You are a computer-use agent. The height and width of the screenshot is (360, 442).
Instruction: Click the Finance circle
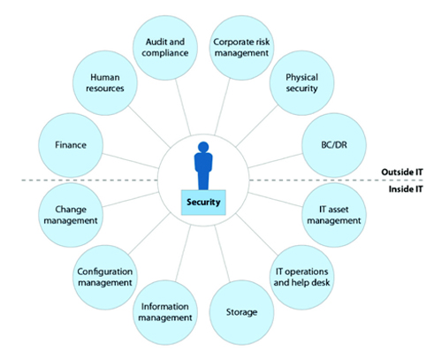coord(71,145)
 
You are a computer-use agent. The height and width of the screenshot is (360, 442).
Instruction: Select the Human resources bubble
coord(105,83)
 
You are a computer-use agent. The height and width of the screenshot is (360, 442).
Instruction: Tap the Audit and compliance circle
coord(165,48)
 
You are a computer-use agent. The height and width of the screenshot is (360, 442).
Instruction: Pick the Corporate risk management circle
coord(241,48)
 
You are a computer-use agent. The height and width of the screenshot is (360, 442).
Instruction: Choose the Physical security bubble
coord(301,83)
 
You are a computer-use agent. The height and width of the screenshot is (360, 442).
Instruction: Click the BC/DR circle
coord(334,145)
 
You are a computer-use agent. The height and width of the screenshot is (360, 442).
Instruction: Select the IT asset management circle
coord(334,215)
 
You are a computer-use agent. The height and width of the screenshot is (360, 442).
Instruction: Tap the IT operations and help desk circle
coord(301,277)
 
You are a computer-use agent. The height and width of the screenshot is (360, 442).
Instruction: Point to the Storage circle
coord(241,312)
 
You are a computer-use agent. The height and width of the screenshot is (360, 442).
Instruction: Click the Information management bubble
coord(165,312)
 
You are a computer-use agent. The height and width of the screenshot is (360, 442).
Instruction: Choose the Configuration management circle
coord(105,277)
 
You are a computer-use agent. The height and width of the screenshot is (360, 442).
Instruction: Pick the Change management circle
coord(71,215)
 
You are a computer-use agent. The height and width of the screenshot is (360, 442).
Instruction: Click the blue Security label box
coord(203,203)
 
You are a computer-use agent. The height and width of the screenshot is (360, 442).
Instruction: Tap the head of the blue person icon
coord(203,147)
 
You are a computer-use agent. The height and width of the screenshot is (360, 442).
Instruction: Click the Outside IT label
coord(402,172)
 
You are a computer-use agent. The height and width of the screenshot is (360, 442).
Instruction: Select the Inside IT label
coord(406,189)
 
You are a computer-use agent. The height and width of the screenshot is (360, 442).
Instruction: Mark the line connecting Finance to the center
coord(130,161)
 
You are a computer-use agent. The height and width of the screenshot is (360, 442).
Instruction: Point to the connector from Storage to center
coord(222,254)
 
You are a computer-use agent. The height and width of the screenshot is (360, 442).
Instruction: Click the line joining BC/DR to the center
coord(276,161)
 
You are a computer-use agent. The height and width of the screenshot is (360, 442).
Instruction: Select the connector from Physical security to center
coord(256,126)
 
